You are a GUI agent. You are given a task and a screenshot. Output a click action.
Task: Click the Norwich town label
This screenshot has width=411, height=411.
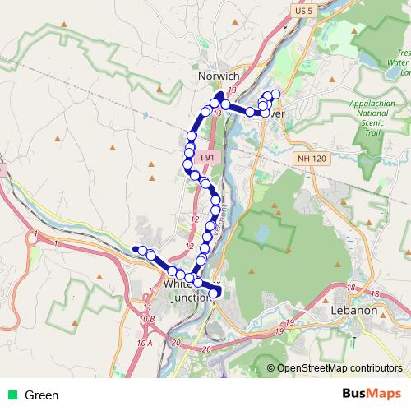pos(219,75)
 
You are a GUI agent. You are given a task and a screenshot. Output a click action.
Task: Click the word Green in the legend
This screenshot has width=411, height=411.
pos(42,395)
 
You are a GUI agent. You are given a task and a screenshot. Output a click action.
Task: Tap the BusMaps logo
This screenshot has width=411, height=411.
pos(372,395)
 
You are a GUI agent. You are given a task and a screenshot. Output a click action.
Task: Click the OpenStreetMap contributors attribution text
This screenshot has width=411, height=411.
pos(339,368)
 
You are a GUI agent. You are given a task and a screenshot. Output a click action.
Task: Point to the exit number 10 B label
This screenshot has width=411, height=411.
pos(147,318)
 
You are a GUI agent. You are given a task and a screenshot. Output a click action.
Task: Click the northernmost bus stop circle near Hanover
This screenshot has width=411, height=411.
pos(276,94)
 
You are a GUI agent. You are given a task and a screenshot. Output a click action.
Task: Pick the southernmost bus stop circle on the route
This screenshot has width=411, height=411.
pos(214,293)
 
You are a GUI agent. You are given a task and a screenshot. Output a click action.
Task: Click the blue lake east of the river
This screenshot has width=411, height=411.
pos(262,233)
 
